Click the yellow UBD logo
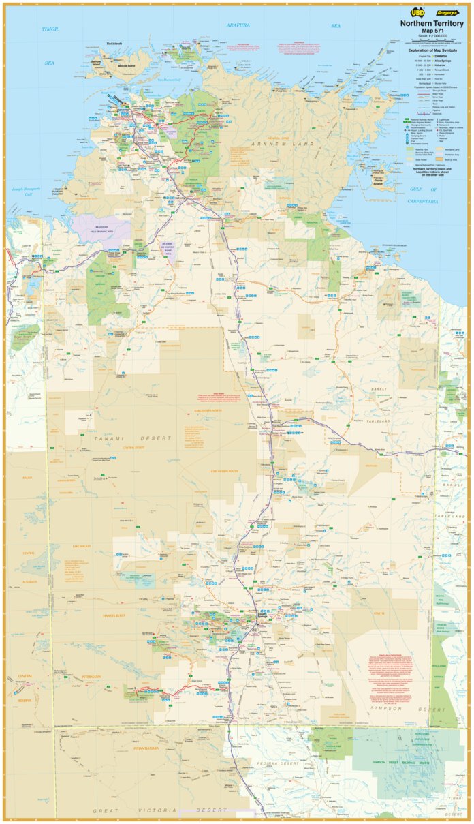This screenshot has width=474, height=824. [415, 12]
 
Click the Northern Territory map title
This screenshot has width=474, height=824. [431, 22]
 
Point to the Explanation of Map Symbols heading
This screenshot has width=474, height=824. [432, 50]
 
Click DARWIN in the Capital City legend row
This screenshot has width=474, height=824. [443, 56]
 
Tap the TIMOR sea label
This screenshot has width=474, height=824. [50, 29]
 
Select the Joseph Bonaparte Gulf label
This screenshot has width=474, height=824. [23, 192]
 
